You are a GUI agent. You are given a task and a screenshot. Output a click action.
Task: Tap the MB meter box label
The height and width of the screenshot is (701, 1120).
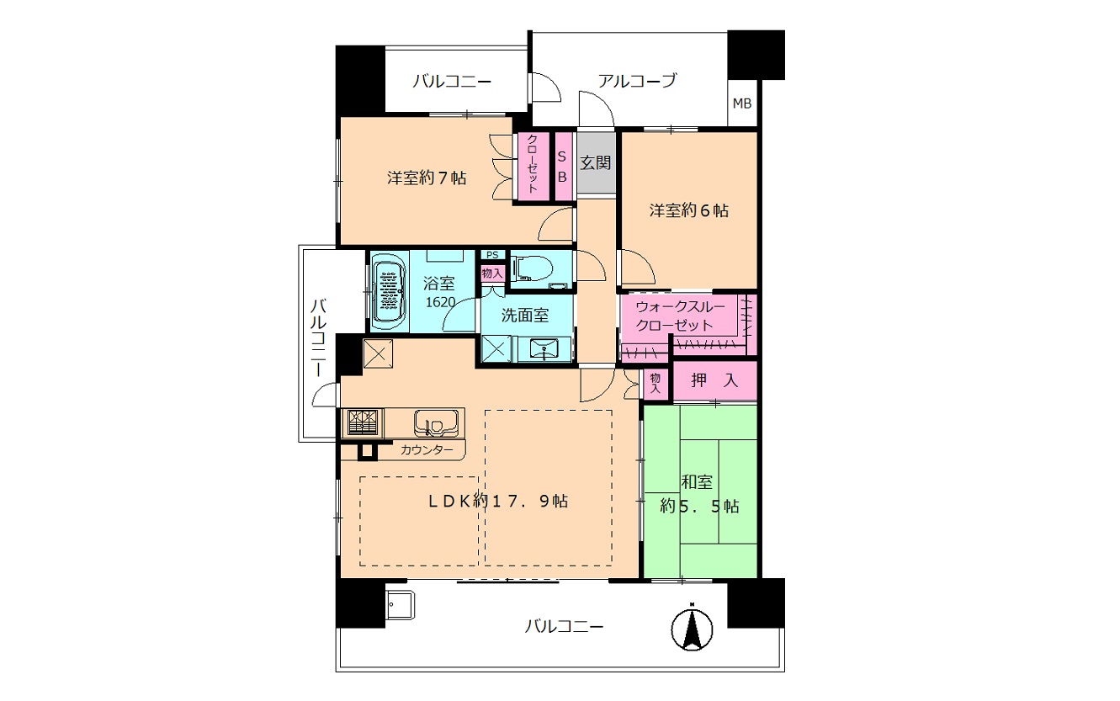click(x=742, y=104)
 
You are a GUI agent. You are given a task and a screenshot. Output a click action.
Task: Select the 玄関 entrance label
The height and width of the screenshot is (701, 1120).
click(x=596, y=163)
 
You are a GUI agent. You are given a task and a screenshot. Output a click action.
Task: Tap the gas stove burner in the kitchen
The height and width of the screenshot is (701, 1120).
click(x=363, y=422)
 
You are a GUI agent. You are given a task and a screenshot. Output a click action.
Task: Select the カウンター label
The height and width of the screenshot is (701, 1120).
click(x=427, y=450)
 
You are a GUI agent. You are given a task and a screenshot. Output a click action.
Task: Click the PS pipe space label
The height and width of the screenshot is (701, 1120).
click(x=492, y=255)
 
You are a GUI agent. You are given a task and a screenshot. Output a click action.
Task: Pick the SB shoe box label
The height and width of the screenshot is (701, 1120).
click(x=562, y=167)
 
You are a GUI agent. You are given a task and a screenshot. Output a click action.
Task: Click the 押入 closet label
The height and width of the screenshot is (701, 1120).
click(x=714, y=380)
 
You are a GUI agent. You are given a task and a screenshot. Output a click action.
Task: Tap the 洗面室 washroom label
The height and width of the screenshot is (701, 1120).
click(x=525, y=315)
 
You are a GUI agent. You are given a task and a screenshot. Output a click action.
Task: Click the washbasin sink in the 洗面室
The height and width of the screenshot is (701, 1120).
click(x=543, y=348)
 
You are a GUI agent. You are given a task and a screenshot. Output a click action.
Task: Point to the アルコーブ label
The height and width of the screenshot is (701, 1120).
click(x=637, y=80)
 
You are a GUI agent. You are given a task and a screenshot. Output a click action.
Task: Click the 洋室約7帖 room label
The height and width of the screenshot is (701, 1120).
click(x=427, y=178)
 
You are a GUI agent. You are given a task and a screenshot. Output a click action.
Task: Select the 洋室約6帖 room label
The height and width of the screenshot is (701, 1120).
click(x=689, y=210)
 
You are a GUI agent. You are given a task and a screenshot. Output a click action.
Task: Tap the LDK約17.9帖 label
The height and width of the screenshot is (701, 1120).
click(x=498, y=501)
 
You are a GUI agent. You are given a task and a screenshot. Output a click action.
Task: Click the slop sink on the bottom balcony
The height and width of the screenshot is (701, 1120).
click(x=400, y=605)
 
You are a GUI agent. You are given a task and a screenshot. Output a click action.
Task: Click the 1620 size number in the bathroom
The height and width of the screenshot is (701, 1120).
click(x=440, y=302)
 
